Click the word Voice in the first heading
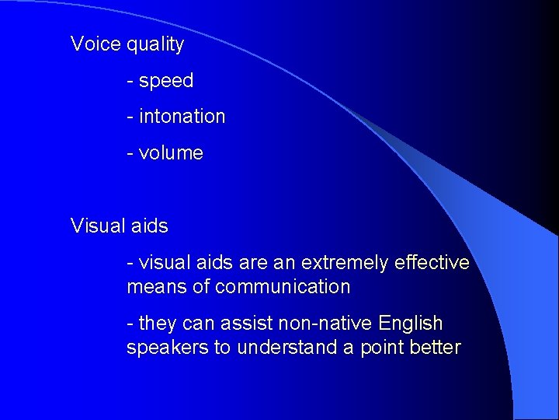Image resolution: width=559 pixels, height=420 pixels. coord(95,44)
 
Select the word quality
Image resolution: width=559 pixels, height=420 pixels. coord(155,45)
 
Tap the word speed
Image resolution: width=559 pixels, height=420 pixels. coord(166,81)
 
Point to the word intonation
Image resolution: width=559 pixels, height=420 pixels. coord(182,117)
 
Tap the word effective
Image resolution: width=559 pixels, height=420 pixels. coord(432,263)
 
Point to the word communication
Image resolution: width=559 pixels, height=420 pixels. coord(283,287)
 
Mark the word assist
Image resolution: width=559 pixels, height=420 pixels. coord(245,323)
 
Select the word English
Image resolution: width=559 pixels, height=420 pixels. coord(411,324)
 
